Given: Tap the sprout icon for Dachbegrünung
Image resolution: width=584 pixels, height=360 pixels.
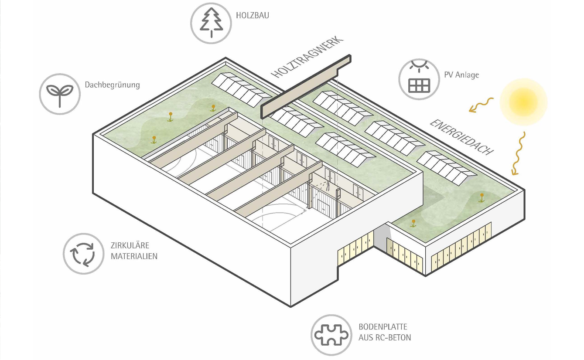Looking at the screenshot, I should click(60, 94).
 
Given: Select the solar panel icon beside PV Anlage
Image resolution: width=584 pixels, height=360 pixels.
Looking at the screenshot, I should click(419, 79).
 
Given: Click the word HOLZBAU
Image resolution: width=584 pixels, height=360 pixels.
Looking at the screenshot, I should click(253, 16).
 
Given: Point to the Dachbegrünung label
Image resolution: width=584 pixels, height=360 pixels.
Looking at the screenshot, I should click(113, 85).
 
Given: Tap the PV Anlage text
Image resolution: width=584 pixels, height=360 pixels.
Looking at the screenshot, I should click(461, 75).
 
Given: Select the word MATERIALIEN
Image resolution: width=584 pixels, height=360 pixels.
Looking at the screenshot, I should click(133, 256).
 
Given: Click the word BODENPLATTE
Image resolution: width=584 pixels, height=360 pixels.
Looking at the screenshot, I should click(383, 327).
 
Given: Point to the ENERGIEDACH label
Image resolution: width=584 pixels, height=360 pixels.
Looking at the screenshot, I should click(462, 136).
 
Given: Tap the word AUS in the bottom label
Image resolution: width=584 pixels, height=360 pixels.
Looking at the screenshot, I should click(365, 338).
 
